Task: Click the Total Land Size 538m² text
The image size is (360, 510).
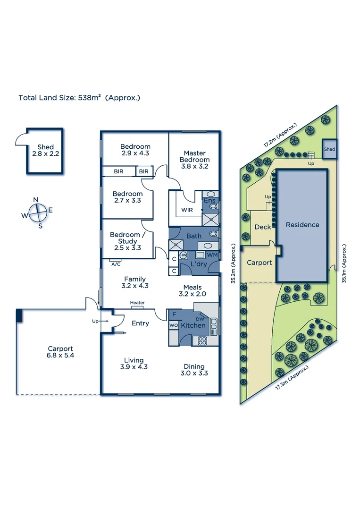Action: [x=79, y=98]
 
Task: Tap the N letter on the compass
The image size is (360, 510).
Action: [x=35, y=200]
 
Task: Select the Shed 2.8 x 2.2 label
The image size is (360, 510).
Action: [x=45, y=150]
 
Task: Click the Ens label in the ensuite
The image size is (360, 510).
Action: [x=209, y=201]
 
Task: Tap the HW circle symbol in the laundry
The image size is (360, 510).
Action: [x=184, y=255]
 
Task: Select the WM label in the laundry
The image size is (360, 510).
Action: [x=212, y=255]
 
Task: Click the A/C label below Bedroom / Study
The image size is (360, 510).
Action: [x=116, y=264]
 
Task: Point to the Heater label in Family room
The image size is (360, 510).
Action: [x=137, y=303]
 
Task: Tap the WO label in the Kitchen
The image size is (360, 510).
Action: [x=173, y=325]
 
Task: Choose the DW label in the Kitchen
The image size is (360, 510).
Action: [x=200, y=320]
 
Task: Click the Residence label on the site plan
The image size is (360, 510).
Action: [x=302, y=225]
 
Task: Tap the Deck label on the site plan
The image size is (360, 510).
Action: [x=263, y=227]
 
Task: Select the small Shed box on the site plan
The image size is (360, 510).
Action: [x=329, y=149]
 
